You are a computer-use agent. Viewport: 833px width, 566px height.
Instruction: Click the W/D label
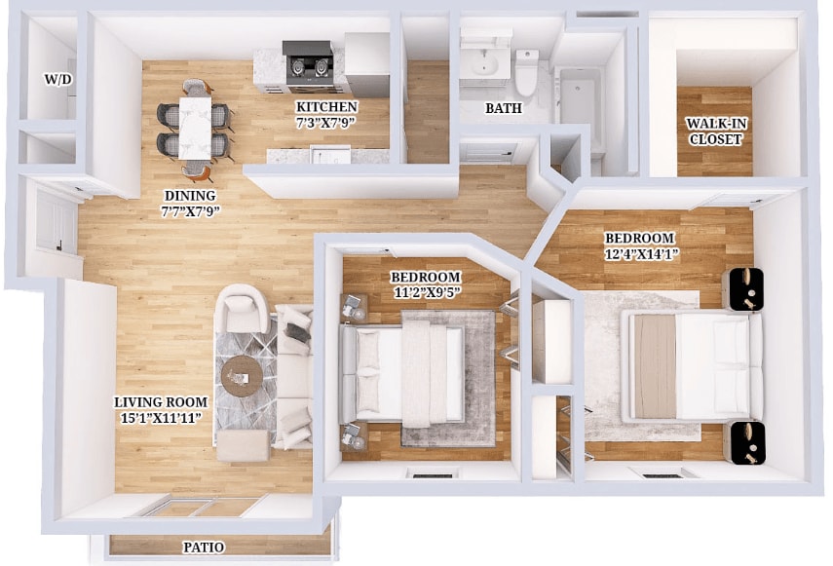click(x=58, y=79)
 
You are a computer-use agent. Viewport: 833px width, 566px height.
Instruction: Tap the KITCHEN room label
click(x=327, y=106)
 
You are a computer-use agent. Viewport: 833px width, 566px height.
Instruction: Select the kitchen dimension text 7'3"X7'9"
click(x=327, y=123)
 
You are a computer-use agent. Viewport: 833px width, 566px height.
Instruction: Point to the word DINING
click(x=189, y=195)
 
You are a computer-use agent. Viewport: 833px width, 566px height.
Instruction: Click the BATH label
click(x=503, y=109)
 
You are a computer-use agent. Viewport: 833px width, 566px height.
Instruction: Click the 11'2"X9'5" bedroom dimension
click(x=427, y=292)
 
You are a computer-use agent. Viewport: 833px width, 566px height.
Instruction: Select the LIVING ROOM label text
click(x=161, y=401)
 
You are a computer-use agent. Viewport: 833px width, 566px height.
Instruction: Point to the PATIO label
click(x=204, y=547)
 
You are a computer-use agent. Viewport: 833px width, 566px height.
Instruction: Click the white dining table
click(x=195, y=126)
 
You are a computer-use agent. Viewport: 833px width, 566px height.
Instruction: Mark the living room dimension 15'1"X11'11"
click(x=161, y=418)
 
